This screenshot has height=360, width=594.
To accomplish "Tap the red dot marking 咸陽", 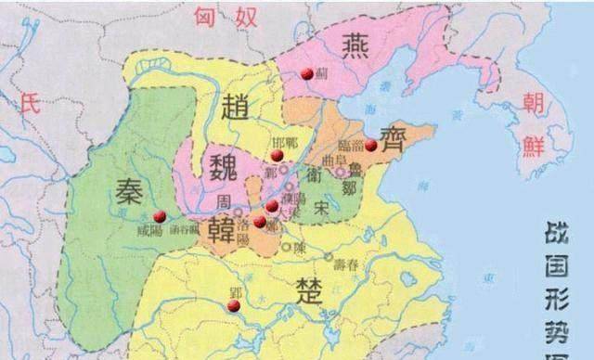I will pyautogui.click(x=160, y=216).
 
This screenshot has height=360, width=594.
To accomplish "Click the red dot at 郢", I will pyautogui.click(x=234, y=304).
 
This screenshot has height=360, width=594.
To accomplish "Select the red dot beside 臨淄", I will pyautogui.click(x=370, y=146).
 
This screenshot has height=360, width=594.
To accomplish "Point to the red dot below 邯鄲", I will pyautogui.click(x=276, y=155).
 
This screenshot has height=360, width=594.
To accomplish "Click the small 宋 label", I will pyautogui.click(x=320, y=207).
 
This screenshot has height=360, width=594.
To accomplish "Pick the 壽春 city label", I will pyautogui.click(x=346, y=264).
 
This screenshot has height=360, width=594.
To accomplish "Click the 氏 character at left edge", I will pyautogui.click(x=27, y=106).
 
